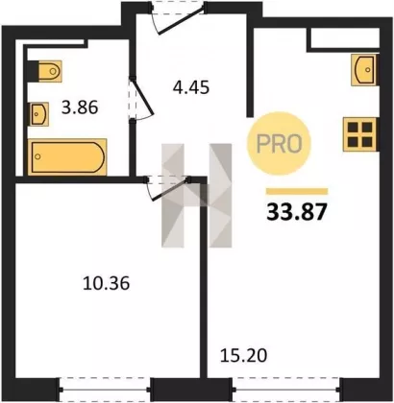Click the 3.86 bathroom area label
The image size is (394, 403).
(80, 107)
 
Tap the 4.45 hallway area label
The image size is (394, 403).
(191, 87)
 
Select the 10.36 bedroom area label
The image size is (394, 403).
(106, 283)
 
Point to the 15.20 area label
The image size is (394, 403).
(243, 355)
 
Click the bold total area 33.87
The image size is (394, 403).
(297, 212)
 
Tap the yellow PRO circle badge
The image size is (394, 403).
(279, 144)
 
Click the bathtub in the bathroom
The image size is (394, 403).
(67, 157)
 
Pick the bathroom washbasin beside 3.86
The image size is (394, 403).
(38, 114)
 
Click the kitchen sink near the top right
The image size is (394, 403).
(363, 70)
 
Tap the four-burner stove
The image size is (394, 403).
(359, 134)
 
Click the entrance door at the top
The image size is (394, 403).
(178, 17)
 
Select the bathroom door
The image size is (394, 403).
(141, 100)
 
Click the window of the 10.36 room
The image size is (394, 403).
(105, 390)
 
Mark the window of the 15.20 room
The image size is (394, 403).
(285, 390)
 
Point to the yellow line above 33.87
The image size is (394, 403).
(297, 191)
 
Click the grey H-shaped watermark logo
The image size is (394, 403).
(196, 196)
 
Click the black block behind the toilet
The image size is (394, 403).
(33, 71)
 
